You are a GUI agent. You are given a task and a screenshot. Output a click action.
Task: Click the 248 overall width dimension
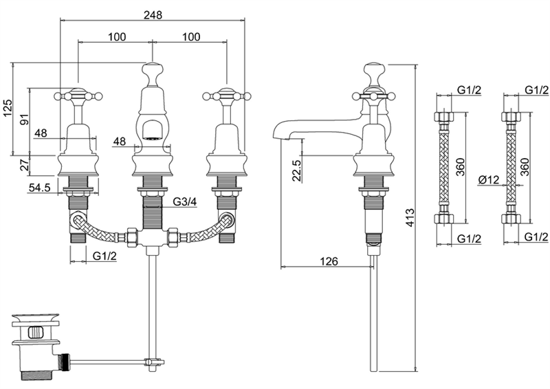coord(153,15)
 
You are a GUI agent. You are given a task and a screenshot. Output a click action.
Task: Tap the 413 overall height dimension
coord(410,217)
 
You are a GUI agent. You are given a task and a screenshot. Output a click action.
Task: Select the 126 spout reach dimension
coord(329,261)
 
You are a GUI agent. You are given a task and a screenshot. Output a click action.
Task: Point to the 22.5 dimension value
coord(297,170)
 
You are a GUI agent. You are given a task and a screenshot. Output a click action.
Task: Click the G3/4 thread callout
coord(185,202)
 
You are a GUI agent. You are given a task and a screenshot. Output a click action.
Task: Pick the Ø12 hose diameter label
coord(488,180)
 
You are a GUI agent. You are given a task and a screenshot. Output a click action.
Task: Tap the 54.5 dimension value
coord(39,188)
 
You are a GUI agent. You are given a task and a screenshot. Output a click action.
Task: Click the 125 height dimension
coord(8,108)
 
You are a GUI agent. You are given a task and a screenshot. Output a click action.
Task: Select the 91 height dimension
coord(24,120)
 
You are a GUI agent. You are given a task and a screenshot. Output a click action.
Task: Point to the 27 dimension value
coord(24,165)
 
